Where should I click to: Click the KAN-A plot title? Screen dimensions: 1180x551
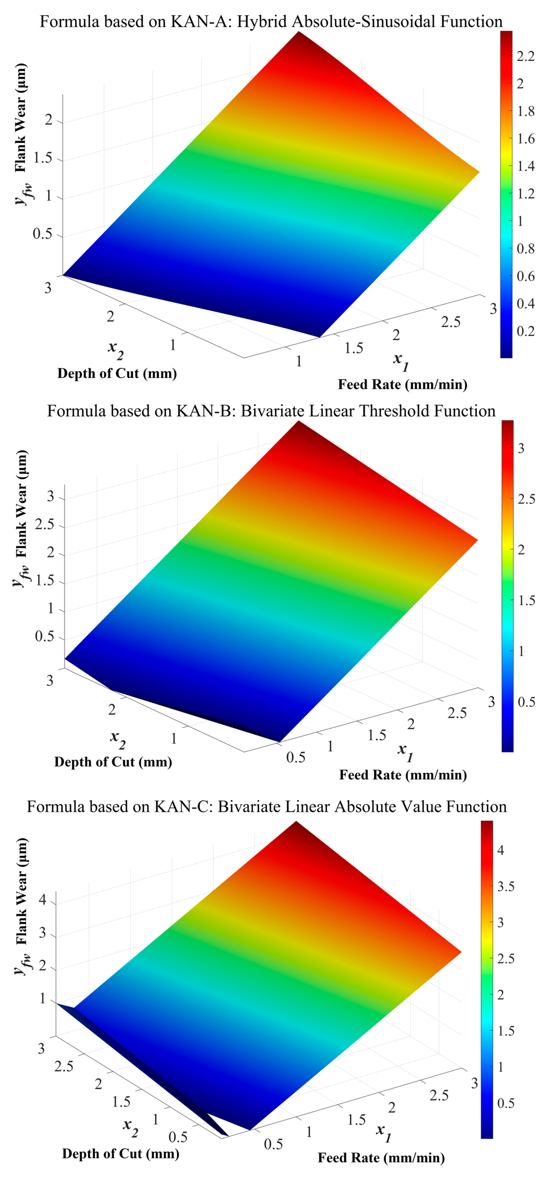tap(271, 21)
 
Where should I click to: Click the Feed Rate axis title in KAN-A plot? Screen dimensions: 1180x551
tap(403, 384)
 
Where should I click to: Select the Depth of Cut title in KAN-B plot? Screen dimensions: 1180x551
tap(113, 762)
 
